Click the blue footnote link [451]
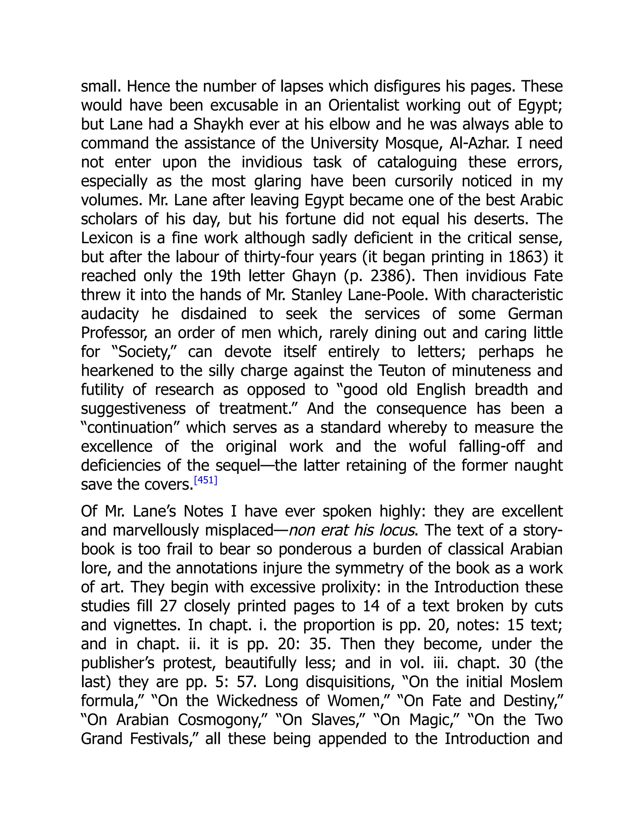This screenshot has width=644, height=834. [x=206, y=480]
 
